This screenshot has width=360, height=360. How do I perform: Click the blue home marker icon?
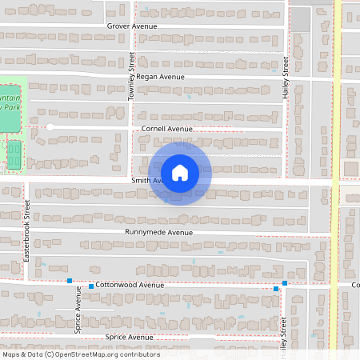point(180,172)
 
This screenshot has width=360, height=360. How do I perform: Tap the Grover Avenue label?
point(132,26)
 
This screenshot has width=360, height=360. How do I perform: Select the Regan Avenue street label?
point(160,77)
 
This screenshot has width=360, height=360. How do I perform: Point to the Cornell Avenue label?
point(167,128)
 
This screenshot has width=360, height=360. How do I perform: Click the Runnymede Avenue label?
point(159,232)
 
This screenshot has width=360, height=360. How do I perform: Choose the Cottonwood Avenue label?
point(130,285)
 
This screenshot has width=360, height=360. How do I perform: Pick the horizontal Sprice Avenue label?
point(129,338)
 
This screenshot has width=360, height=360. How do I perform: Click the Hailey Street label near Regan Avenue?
point(285,78)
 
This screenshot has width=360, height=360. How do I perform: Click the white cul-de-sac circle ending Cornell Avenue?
point(50,127)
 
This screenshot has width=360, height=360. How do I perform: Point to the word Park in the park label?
point(11,106)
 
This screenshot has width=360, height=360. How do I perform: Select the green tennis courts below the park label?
point(14,154)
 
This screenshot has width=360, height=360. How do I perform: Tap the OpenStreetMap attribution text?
point(80,354)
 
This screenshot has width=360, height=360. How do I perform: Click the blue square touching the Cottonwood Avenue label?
point(91,286)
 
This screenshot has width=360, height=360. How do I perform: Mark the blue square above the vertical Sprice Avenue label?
point(70,281)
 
